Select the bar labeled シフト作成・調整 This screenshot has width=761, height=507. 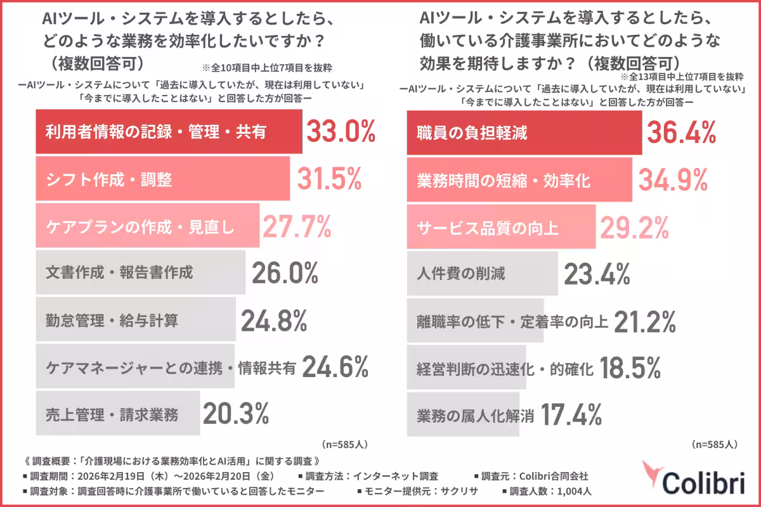162,180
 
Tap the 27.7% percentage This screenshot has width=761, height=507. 297,226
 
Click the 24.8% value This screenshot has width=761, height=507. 274,320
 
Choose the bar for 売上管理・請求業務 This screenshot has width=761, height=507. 118,415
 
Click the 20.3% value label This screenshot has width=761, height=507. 236,414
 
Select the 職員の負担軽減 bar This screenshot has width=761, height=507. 523,133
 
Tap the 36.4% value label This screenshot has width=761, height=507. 681,133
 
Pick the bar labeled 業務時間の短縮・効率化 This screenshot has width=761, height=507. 519,181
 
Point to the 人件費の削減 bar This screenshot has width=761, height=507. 482,274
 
